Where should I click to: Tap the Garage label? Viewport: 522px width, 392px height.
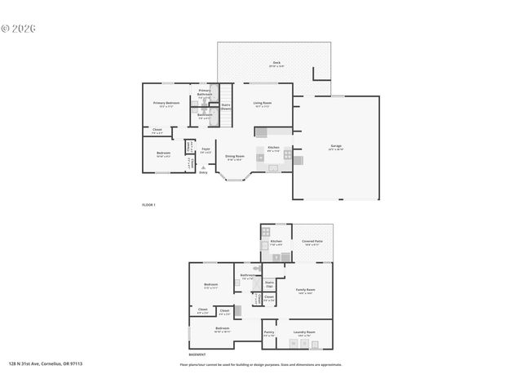(x=336, y=148)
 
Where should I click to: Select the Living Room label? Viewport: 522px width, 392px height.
(x=263, y=104)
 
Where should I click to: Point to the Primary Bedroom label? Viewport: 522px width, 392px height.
(x=166, y=104)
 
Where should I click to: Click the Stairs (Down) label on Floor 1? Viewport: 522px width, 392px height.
(x=226, y=106)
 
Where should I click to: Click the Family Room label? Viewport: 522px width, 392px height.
(x=305, y=291)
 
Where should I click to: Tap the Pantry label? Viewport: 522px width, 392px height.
(x=269, y=332)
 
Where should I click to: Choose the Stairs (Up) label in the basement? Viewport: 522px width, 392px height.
(x=269, y=284)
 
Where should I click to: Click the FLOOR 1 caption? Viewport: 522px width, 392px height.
(x=148, y=204)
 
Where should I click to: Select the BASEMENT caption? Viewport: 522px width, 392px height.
(x=197, y=354)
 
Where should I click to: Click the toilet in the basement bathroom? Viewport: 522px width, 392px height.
(x=256, y=268)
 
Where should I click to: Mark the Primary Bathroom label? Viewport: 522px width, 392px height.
(x=205, y=92)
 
